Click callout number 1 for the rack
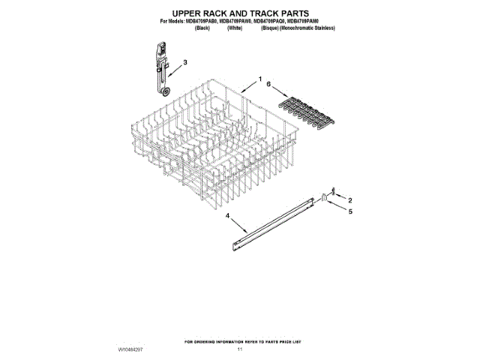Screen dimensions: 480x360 260,79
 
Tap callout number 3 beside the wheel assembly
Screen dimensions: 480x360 185,62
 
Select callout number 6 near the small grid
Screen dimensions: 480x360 266,85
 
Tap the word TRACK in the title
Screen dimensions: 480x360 271,13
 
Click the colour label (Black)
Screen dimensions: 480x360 202,28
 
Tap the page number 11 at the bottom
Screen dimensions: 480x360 240,349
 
